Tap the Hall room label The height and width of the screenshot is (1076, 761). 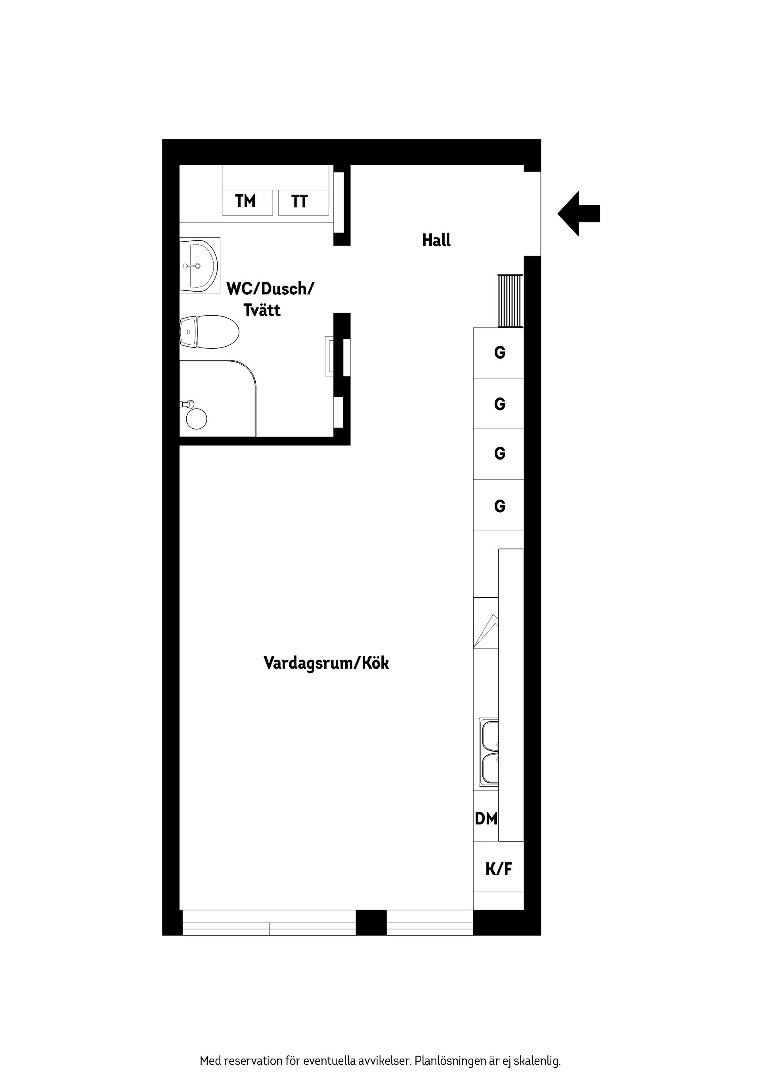coord(436,240)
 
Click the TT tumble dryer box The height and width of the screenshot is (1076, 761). coord(303,202)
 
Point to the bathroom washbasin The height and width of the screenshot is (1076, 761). coord(199,266)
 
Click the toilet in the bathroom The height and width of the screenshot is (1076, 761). coord(210,332)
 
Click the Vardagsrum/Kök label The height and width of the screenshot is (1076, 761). coord(326,663)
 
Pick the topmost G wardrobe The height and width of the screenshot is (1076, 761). coord(499,353)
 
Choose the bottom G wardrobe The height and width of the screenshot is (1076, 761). coord(499,505)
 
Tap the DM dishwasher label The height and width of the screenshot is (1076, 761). coord(486,819)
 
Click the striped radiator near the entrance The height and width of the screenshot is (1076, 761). coord(510,301)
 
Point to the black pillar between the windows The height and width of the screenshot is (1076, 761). coord(371,923)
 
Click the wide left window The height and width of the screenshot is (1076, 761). coord(269,923)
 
